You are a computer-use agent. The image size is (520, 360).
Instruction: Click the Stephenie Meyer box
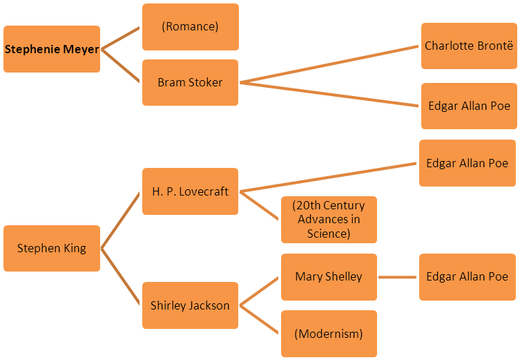(x=52, y=50)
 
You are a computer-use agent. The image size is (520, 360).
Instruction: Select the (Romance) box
(x=190, y=27)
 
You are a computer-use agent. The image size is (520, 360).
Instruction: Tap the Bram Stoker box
(x=190, y=82)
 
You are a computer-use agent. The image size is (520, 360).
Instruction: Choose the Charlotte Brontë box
(x=469, y=46)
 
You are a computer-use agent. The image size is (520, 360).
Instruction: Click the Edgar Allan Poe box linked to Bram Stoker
(x=469, y=106)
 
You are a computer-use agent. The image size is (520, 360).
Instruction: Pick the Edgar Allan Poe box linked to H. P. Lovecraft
(x=467, y=163)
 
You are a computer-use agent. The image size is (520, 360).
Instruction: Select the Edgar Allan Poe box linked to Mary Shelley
(x=467, y=276)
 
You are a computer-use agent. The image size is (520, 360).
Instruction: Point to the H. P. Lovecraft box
(x=190, y=191)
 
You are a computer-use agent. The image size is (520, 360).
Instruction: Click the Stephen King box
(x=52, y=248)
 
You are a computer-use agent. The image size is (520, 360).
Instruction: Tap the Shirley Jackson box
(x=190, y=305)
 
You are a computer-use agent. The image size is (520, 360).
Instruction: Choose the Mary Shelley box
(x=329, y=276)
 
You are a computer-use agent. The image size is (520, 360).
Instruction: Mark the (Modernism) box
(x=329, y=334)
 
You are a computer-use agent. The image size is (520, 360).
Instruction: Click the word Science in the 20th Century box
(x=329, y=234)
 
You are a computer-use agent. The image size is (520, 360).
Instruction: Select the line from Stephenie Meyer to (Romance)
(x=122, y=39)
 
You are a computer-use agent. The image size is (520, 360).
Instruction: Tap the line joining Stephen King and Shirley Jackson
(x=122, y=276)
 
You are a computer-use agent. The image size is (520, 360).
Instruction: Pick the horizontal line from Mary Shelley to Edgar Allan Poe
(x=398, y=277)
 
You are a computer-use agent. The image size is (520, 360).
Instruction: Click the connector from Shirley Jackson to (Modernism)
(x=260, y=319)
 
